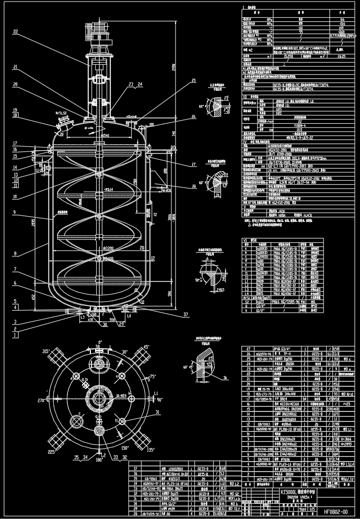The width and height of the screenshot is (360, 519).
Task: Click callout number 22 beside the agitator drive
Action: pos(16,32)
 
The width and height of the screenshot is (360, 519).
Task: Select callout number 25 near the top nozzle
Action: pos(193,80)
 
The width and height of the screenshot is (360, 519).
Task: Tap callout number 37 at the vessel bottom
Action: pos(185,314)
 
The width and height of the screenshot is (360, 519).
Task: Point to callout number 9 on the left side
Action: pos(16,213)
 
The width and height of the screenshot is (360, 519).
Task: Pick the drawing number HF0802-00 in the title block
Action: pos(335,512)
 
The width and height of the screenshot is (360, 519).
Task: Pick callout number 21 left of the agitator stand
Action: pos(16,67)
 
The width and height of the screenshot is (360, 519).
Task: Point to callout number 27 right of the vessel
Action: pos(193,165)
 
